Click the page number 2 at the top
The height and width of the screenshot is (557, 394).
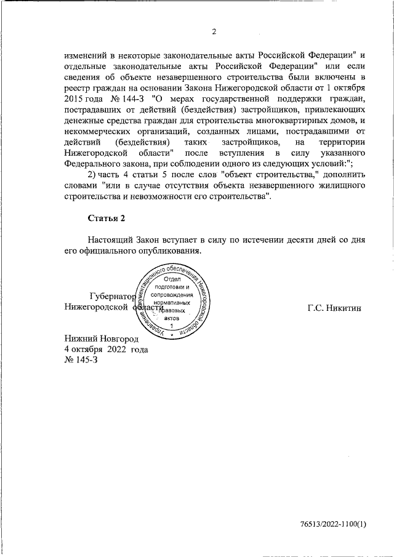(214, 33)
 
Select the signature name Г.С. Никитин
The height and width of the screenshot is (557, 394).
(335, 306)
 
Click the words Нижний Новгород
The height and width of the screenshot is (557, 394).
(102, 339)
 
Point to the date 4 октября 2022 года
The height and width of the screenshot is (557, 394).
(107, 349)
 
